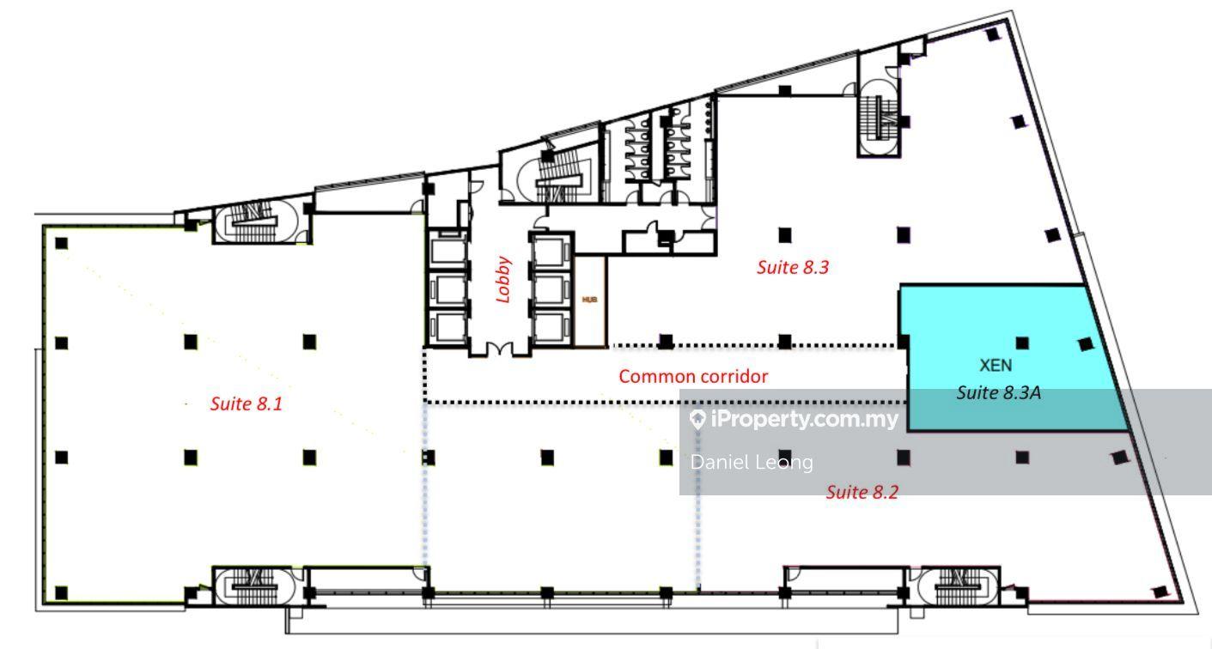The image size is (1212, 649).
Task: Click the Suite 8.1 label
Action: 247,403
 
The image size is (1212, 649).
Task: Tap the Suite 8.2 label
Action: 862,492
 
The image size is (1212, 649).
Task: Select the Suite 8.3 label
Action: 793,267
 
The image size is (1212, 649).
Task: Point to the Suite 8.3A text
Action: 998,392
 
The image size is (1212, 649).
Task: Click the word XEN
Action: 996,365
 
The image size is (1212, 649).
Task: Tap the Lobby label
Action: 503,279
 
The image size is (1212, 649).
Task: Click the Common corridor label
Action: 693,376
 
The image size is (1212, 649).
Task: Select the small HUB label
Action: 589,299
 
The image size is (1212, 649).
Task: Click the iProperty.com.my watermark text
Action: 804,419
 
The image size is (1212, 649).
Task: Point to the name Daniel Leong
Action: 752,463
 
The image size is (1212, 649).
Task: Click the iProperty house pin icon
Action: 698,419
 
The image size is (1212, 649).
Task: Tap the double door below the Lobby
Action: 500,350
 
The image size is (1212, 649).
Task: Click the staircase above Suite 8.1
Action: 255,221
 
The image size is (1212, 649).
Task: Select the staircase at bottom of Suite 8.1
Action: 254,585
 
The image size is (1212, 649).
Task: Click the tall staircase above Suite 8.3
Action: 879,118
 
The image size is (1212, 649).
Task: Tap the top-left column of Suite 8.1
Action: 62,244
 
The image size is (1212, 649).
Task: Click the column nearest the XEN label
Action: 1022,343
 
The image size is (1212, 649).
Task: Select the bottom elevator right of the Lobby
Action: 550,327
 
